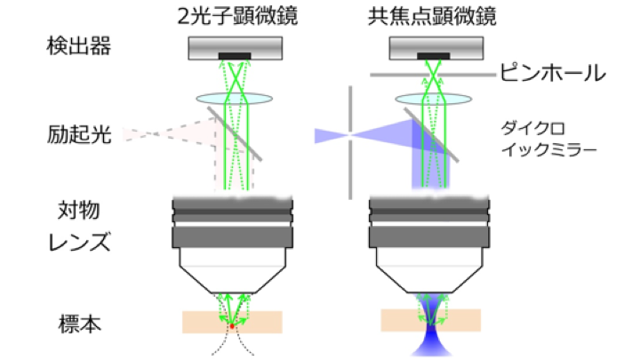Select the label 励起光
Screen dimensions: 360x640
coord(81,135)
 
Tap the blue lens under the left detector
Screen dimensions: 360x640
coord(233,102)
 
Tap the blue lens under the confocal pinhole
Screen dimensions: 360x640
coord(431,102)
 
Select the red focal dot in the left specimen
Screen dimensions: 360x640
coord(233,327)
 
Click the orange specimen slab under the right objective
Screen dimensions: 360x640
coord(400,321)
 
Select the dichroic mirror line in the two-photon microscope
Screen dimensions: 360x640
coord(238,133)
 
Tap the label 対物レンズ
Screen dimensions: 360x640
coord(81,228)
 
